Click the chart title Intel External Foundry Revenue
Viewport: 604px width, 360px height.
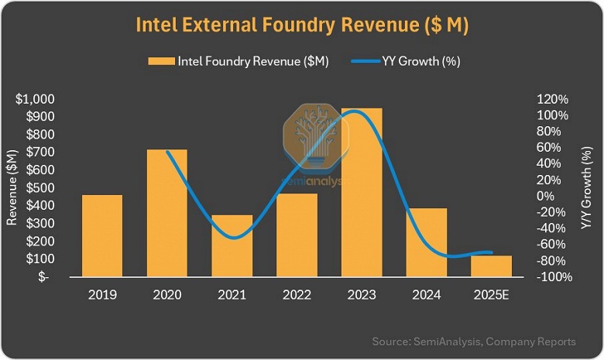click(302, 24)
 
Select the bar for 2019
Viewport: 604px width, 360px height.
click(102, 235)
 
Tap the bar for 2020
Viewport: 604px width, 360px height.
click(167, 213)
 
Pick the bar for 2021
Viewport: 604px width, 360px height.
click(232, 245)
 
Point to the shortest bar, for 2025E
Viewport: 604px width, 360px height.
click(492, 266)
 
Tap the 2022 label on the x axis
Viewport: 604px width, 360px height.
click(297, 295)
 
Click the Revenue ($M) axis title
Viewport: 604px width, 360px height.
click(12, 188)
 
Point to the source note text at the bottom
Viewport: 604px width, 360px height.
click(474, 341)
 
